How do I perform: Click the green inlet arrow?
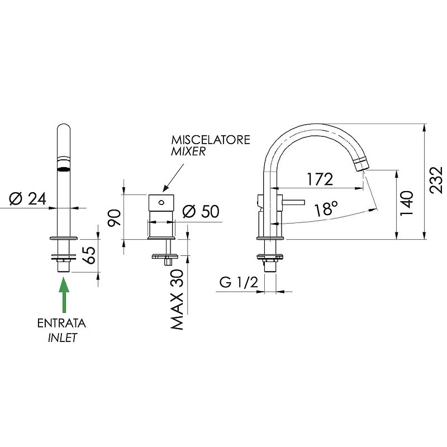click(x=64, y=295)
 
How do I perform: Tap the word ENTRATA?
click(x=61, y=324)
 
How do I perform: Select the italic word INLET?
click(x=63, y=338)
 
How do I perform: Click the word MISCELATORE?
click(x=211, y=140)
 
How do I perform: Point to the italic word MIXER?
click(x=188, y=151)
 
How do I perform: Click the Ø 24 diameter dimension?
click(x=27, y=199)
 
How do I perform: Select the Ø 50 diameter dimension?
click(x=201, y=211)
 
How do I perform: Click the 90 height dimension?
click(x=115, y=218)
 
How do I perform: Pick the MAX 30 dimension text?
click(x=177, y=299)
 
